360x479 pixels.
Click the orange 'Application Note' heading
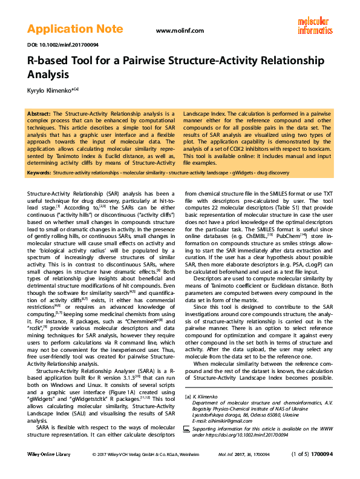tap(74, 28)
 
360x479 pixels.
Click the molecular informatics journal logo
tap(315, 24)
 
